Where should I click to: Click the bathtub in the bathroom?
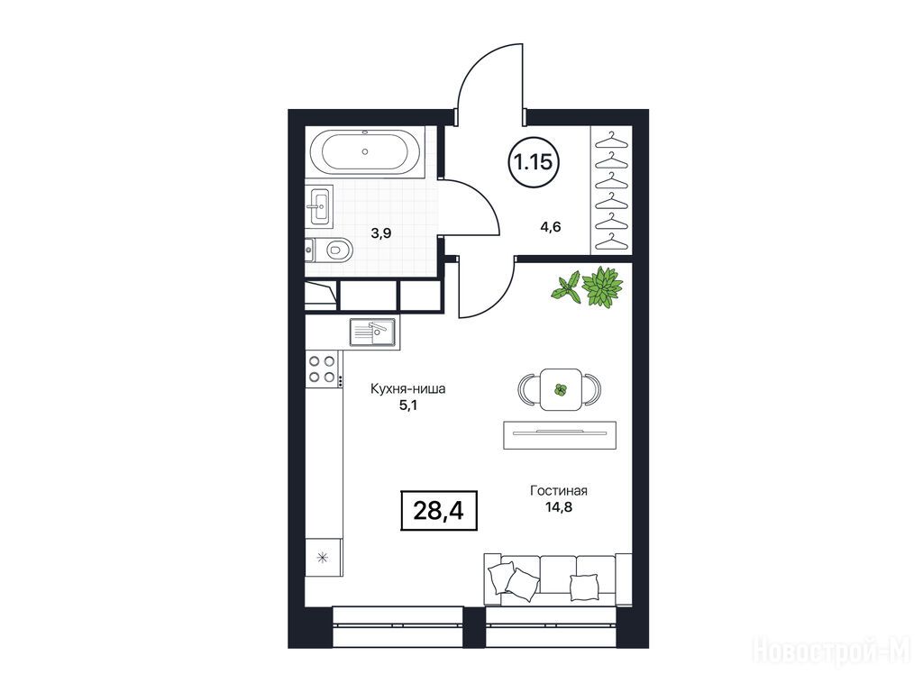tap(366, 151)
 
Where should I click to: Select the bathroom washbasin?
tap(319, 205)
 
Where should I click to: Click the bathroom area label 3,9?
tap(381, 233)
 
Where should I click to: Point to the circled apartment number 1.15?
tap(534, 161)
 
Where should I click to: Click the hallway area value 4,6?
tap(551, 226)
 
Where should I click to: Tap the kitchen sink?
tap(373, 332)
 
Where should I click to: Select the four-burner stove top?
tap(323, 369)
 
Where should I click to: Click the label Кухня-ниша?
tap(408, 389)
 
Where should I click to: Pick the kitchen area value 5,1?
tap(408, 405)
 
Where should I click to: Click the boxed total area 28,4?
tap(439, 511)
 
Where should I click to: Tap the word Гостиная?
tap(559, 491)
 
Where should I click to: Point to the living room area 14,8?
tap(559, 506)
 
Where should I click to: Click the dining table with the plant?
tap(561, 389)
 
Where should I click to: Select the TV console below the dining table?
tap(560, 435)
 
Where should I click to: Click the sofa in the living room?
tap(557, 579)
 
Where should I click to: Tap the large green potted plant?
tap(602, 287)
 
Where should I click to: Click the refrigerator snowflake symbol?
tap(323, 557)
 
